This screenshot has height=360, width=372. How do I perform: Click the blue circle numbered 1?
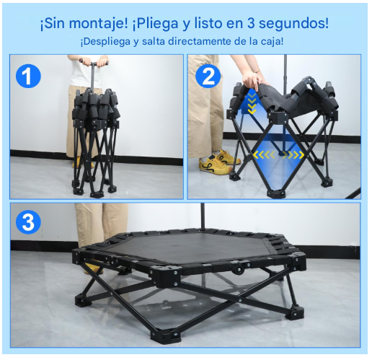[x=28, y=76]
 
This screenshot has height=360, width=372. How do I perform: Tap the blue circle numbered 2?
[x=208, y=76]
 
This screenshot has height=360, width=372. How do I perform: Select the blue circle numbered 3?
[x=28, y=222]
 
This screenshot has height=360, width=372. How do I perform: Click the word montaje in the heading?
[x=99, y=24]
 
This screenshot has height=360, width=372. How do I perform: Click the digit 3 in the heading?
[x=251, y=23]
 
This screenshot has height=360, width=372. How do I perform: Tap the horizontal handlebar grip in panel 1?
[x=94, y=63]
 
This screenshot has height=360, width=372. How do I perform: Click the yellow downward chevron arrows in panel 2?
[x=252, y=104]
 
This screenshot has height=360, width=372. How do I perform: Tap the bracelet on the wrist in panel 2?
[x=257, y=71]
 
